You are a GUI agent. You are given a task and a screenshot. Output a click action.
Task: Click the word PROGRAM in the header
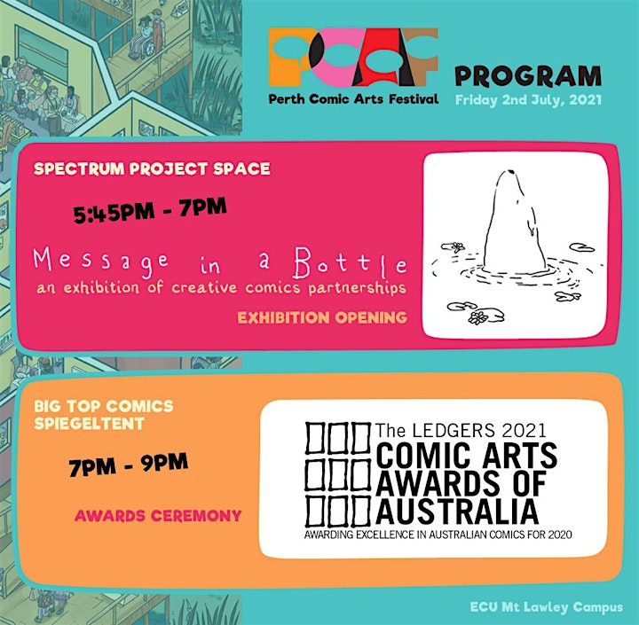point(528,76)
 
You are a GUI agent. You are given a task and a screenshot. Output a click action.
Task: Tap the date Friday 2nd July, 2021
point(528,100)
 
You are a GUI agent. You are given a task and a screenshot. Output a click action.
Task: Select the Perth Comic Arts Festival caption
point(353,99)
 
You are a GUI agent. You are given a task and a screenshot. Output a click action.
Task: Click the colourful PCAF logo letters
point(353,58)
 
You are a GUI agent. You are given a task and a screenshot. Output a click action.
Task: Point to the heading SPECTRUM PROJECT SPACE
point(152,168)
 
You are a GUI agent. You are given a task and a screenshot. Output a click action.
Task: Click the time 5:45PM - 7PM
point(150,210)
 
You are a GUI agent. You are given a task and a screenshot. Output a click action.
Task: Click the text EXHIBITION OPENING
point(322,317)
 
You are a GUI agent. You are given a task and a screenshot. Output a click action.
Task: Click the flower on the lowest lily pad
point(477,317)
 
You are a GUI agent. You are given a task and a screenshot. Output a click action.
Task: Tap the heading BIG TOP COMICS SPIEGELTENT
point(104,415)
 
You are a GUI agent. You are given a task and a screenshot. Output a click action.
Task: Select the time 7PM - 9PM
point(128,465)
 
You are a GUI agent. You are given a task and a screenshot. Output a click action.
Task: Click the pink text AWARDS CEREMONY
point(158,516)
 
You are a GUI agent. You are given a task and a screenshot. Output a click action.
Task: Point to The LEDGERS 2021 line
point(461,430)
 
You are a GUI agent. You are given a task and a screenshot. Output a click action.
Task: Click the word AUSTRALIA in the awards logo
point(457,512)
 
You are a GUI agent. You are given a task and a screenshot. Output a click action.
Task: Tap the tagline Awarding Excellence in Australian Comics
point(438,535)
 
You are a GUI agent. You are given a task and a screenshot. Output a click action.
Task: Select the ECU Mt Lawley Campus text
point(547,607)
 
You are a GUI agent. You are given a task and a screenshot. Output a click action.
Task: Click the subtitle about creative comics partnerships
point(221,288)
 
